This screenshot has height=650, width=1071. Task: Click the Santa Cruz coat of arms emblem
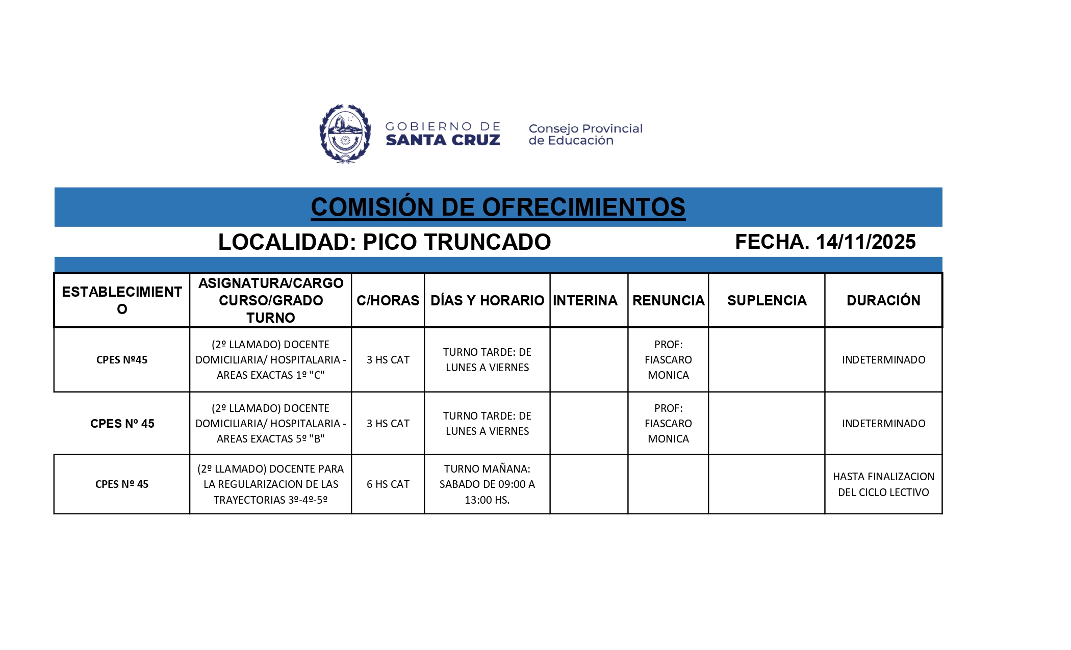click(345, 134)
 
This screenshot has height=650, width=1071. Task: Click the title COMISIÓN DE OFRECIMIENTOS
click(498, 207)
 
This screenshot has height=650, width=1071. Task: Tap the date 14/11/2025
click(865, 242)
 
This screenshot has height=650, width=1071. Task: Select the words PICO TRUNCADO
click(456, 242)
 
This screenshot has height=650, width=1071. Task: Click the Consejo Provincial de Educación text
click(585, 134)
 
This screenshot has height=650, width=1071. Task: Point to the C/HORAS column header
click(388, 300)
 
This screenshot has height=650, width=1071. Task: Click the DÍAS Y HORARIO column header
click(487, 300)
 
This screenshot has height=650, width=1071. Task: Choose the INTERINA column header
click(585, 300)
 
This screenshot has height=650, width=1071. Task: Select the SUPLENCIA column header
click(767, 300)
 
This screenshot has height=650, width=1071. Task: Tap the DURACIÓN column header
click(883, 300)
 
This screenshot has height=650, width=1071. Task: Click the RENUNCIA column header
click(668, 300)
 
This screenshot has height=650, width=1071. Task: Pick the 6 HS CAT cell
click(388, 484)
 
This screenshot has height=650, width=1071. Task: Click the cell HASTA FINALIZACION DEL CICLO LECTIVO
click(883, 484)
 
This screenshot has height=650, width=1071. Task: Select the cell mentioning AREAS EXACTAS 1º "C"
click(270, 360)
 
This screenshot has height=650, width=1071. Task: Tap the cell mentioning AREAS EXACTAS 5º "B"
click(270, 424)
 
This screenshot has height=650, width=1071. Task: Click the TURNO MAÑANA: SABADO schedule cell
click(487, 484)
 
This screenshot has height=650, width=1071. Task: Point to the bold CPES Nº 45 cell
click(122, 424)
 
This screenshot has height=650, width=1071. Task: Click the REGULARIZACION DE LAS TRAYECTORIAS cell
click(270, 484)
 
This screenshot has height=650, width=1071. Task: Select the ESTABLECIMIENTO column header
click(122, 300)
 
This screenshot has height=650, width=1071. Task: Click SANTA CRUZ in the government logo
click(443, 140)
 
